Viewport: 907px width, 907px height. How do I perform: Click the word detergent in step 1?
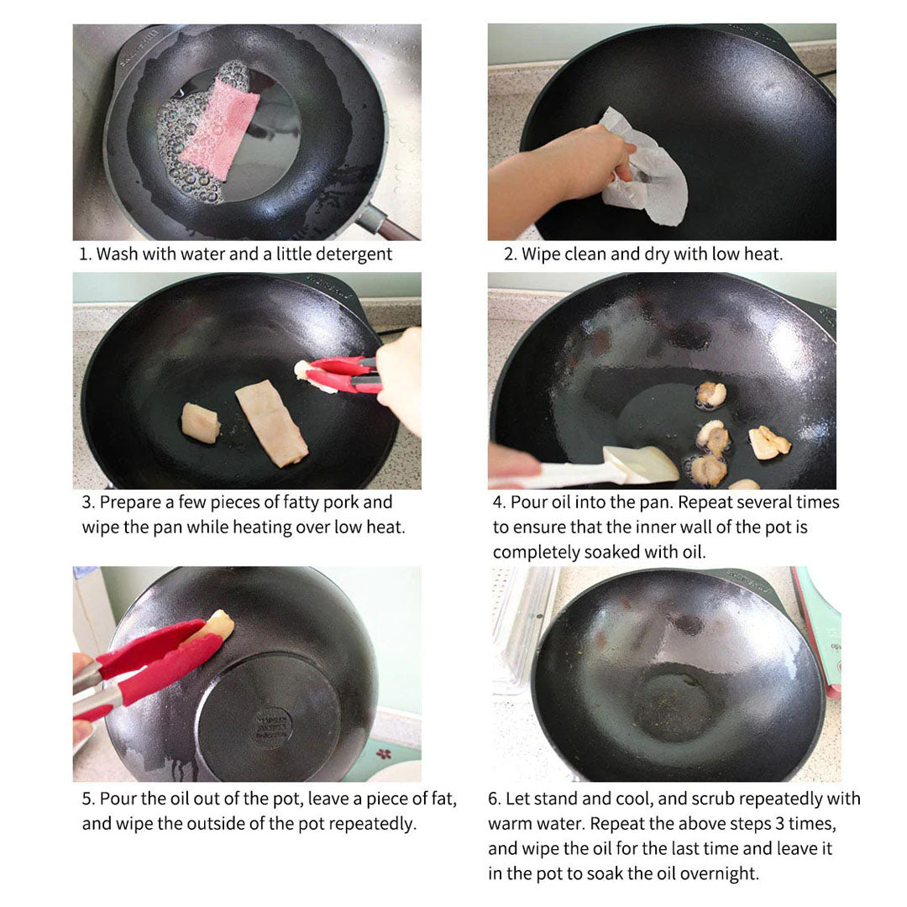(353, 254)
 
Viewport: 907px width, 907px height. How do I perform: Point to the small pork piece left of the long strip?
(201, 422)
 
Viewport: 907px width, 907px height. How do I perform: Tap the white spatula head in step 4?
(640, 464)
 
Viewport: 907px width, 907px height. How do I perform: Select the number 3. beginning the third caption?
(88, 502)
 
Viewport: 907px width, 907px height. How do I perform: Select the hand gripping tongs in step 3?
(401, 378)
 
